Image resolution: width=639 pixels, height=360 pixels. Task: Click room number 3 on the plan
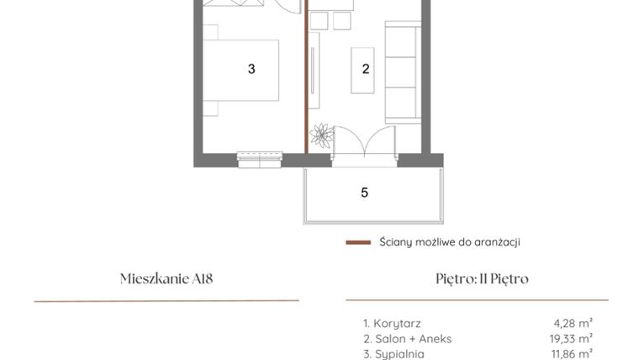pyautogui.click(x=251, y=70)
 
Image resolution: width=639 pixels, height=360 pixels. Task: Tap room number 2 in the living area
pyautogui.click(x=366, y=70)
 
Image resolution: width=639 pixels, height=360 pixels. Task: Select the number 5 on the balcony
pyautogui.click(x=364, y=193)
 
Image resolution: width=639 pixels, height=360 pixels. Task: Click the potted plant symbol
pyautogui.click(x=321, y=135)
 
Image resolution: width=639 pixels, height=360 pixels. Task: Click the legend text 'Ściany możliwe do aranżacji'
pyautogui.click(x=450, y=242)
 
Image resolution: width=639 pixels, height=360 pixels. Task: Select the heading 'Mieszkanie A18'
pyautogui.click(x=166, y=279)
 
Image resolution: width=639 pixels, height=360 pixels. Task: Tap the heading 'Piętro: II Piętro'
pyautogui.click(x=477, y=279)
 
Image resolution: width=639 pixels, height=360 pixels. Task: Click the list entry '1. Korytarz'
pyautogui.click(x=392, y=323)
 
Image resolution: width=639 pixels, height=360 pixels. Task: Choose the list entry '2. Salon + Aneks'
pyautogui.click(x=407, y=338)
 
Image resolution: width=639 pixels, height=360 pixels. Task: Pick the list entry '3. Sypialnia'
pyautogui.click(x=394, y=353)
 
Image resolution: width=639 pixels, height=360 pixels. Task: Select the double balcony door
pyautogui.click(x=362, y=143)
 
